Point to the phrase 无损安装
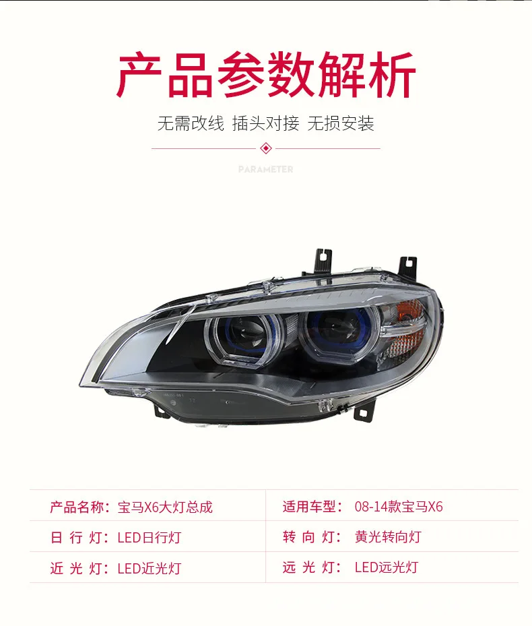341,123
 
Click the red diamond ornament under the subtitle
265,148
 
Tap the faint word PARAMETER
265,169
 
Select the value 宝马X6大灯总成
165,507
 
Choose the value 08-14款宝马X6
399,507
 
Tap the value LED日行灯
149,538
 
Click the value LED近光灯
149,568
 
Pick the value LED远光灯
386,567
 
